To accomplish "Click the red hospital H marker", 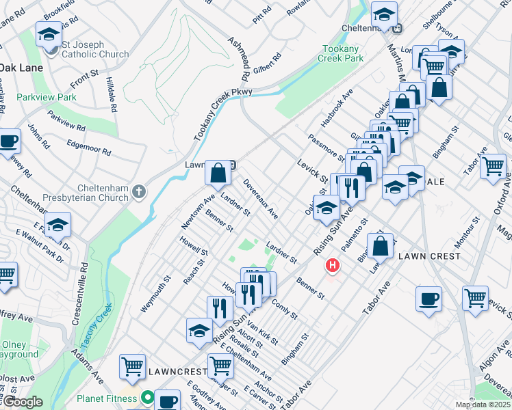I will coord(333,264).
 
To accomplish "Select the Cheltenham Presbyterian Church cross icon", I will coord(139,191).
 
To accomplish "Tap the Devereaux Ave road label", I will coord(261,200).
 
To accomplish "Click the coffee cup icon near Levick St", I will coord(429,299).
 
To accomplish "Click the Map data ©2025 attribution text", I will coord(483,405).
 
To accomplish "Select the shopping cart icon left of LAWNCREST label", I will coord(131,366).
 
